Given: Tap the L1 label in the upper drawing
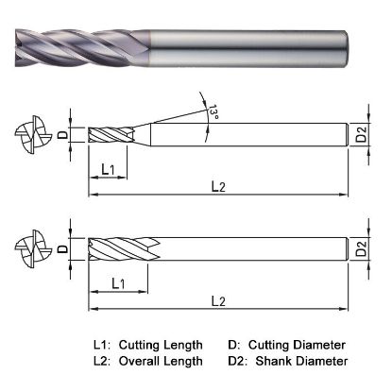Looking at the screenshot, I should (109, 169).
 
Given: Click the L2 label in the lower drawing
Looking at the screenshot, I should (219, 301).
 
